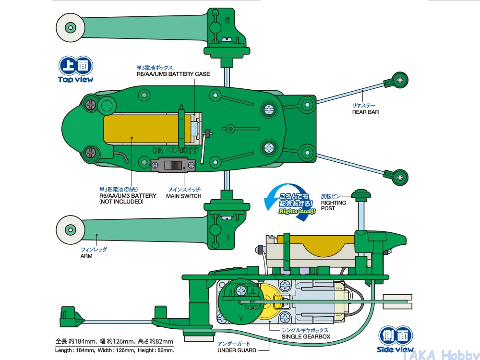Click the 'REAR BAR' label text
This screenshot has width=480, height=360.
(x=365, y=112)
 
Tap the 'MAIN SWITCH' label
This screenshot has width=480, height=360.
(x=184, y=196)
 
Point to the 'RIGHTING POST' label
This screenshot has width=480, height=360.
(x=334, y=205)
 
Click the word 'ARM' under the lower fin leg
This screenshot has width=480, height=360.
(x=86, y=256)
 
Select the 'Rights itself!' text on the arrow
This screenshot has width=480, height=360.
(x=297, y=211)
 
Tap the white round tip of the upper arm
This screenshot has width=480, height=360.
(x=70, y=28)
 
